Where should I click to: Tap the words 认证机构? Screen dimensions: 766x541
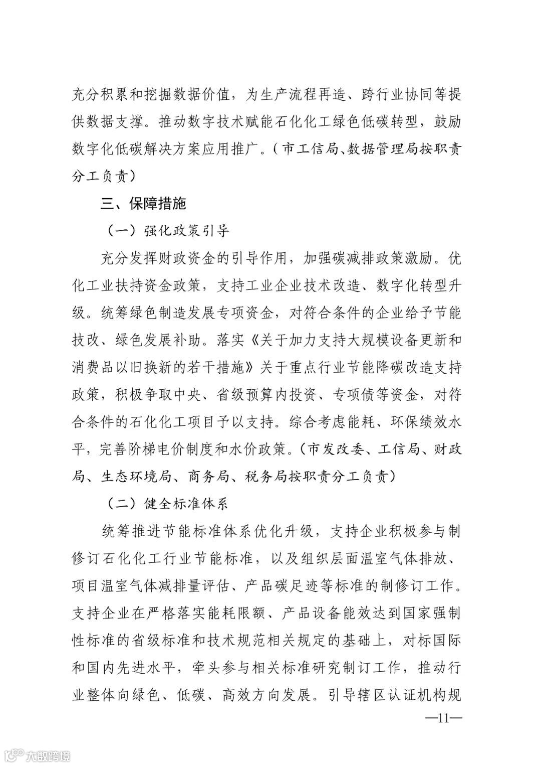coord(411,696)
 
